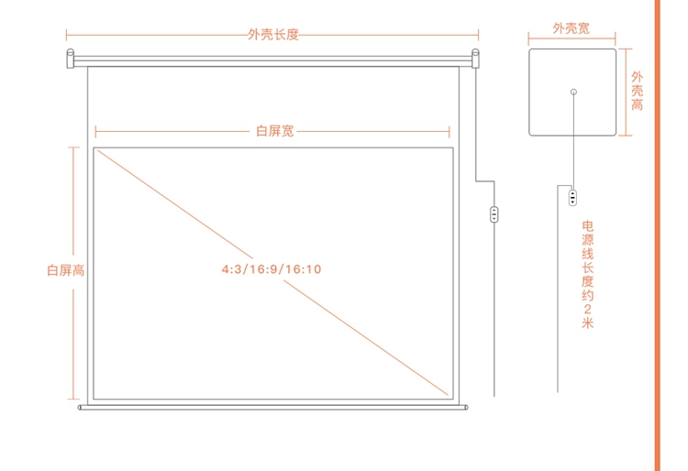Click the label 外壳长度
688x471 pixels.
click(273, 35)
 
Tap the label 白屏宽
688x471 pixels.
click(274, 131)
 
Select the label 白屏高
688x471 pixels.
click(66, 270)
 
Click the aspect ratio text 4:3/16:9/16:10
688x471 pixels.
click(272, 269)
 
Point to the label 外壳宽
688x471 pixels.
click(571, 28)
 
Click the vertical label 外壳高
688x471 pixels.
click(638, 91)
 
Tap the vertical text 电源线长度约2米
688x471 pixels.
click(587, 275)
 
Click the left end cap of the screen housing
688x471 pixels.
click(71, 59)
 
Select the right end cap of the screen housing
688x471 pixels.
click(475, 59)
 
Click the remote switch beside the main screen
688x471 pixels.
click(494, 214)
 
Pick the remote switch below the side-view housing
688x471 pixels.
click(572, 198)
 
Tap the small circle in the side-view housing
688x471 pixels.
click(573, 92)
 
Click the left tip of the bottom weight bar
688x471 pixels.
click(80, 408)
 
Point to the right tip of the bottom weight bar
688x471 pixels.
click(466, 408)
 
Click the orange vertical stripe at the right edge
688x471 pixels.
click(658, 235)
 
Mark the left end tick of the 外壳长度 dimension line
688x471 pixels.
click(66, 35)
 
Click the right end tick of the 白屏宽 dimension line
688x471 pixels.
click(449, 131)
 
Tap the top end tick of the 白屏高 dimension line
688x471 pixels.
click(73, 148)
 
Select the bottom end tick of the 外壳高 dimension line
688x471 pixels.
click(626, 136)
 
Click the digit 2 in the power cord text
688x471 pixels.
click(587, 309)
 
